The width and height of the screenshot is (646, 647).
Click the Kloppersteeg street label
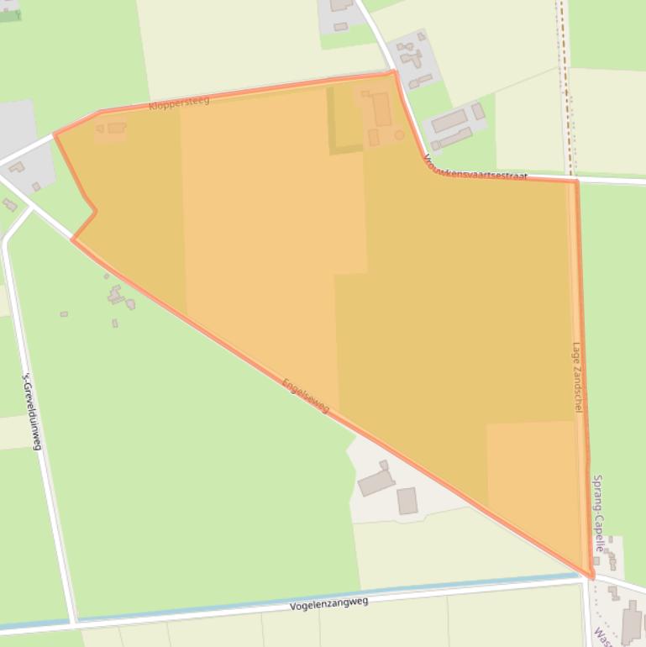pyautogui.click(x=178, y=103)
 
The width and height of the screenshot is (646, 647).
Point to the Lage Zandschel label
pyautogui.click(x=577, y=376)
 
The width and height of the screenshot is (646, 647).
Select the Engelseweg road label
pyautogui.click(x=307, y=396)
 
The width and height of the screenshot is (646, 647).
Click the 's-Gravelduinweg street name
pyautogui.click(x=31, y=411)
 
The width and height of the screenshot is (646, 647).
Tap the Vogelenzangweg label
pyautogui.click(x=328, y=602)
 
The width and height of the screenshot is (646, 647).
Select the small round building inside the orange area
pyautogui.click(x=399, y=134)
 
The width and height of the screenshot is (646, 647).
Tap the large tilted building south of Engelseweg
pyautogui.click(x=376, y=482)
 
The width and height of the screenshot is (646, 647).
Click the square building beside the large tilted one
pyautogui.click(x=407, y=501)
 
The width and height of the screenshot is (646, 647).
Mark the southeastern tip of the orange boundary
pyautogui.click(x=591, y=576)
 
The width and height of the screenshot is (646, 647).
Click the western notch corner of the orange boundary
pyautogui.click(x=95, y=211)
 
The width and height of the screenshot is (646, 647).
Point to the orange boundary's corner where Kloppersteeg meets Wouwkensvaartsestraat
pyautogui.click(x=394, y=73)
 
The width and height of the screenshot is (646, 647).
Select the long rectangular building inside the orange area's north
pyautogui.click(x=381, y=110)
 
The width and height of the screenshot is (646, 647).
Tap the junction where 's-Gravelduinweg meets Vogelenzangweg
pyautogui.click(x=74, y=623)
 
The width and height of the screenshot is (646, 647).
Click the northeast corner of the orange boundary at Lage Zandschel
pyautogui.click(x=576, y=181)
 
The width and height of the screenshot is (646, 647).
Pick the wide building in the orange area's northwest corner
pyautogui.click(x=116, y=128)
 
